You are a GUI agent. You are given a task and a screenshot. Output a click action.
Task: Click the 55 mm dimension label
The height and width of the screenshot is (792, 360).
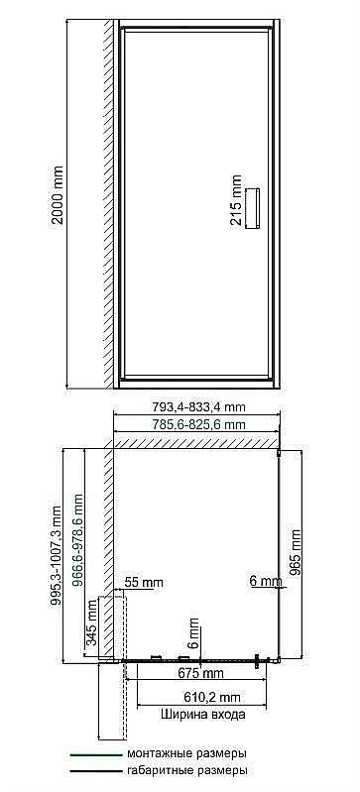(x=144, y=582)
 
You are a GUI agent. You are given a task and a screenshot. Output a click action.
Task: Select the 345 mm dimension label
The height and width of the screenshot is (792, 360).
(x=93, y=622)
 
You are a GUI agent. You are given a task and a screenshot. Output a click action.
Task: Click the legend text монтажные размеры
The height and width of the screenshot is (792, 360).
(x=186, y=753)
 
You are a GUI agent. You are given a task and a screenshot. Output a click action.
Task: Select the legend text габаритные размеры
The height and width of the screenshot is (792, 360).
(x=186, y=769)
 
